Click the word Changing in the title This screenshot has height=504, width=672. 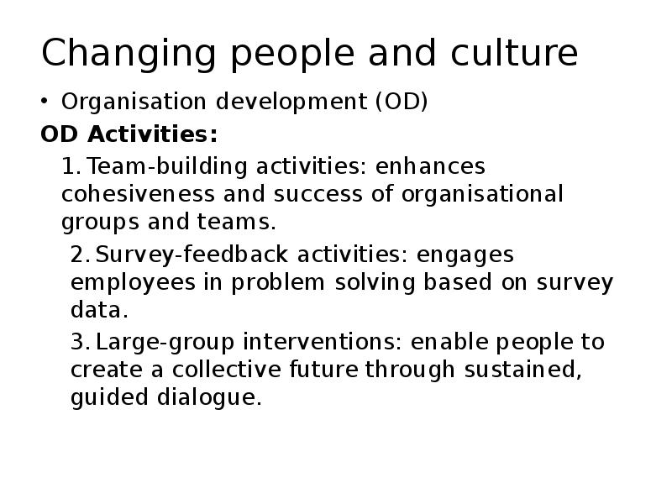[x=129, y=54]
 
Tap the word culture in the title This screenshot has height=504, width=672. [x=514, y=52]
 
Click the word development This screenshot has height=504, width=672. [x=291, y=102]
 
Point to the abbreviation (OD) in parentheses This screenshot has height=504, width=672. [x=402, y=102]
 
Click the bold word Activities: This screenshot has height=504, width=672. [x=153, y=134]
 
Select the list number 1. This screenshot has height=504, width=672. [x=71, y=166]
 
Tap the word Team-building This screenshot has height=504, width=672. [x=167, y=166]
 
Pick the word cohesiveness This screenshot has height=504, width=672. [x=138, y=194]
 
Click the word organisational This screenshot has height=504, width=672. [x=482, y=195]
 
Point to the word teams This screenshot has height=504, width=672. [x=236, y=222]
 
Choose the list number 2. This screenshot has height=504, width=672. [x=80, y=255]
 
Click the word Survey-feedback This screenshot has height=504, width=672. [x=192, y=255]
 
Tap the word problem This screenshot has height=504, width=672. [x=278, y=283]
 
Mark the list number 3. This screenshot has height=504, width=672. [x=80, y=342]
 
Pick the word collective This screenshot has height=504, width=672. [x=226, y=370]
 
